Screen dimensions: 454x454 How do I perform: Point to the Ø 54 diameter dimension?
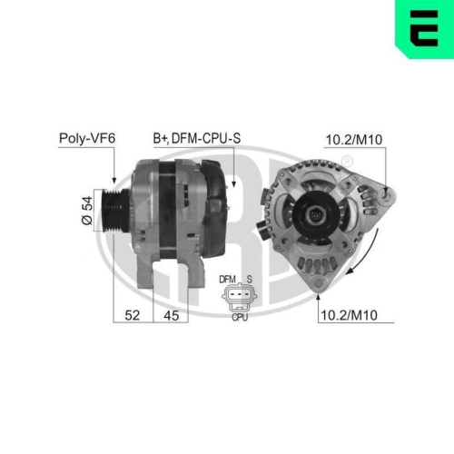(x=87, y=211)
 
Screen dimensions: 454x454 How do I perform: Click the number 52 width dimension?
(x=133, y=315)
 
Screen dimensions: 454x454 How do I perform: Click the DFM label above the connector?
(x=225, y=279)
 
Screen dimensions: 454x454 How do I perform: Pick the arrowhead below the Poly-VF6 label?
(x=114, y=182)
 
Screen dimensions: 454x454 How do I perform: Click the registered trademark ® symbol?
(x=347, y=160)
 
